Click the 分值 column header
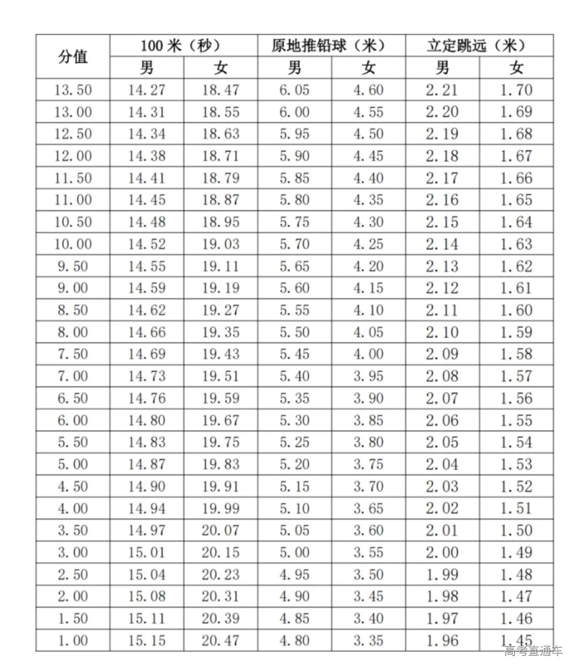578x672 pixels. tap(73, 56)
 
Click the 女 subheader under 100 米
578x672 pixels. tap(220, 68)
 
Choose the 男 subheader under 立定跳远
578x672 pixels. tap(442, 68)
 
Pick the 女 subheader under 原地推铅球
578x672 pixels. tap(368, 68)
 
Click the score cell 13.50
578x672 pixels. tap(73, 90)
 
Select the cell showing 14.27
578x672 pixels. tap(147, 90)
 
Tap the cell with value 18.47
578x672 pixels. tap(220, 90)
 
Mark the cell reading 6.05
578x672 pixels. tap(294, 90)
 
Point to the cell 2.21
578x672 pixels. tap(442, 90)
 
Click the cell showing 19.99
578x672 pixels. tap(220, 508)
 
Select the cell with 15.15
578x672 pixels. tap(147, 640)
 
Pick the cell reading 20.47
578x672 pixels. tap(220, 640)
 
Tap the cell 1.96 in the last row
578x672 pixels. tap(442, 640)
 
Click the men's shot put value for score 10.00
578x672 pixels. tap(294, 244)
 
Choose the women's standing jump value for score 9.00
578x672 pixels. tap(516, 288)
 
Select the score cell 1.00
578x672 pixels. tap(73, 640)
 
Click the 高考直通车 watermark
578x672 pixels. tap(533, 651)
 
